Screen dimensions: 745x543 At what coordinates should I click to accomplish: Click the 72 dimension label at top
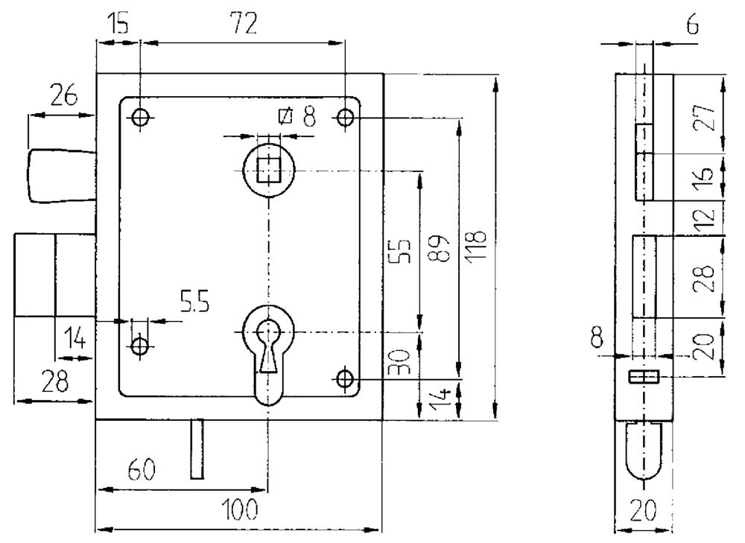click(x=244, y=24)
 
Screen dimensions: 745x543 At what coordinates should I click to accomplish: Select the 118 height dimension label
click(x=475, y=245)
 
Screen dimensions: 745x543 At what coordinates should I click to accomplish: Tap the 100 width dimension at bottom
click(x=240, y=509)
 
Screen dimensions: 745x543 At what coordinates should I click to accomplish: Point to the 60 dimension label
click(x=142, y=470)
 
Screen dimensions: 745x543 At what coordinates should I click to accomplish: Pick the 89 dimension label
click(x=437, y=247)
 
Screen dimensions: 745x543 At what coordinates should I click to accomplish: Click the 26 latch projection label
click(x=63, y=96)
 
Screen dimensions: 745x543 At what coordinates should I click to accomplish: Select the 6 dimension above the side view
click(x=693, y=25)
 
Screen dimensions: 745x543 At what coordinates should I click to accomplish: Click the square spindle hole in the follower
click(x=269, y=170)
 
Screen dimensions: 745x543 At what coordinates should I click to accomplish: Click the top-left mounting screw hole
click(x=140, y=117)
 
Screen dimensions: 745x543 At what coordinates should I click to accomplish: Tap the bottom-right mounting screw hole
click(x=345, y=379)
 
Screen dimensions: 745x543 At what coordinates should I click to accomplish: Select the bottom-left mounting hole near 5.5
click(x=140, y=346)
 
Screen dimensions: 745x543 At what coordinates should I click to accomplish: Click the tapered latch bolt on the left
click(x=63, y=177)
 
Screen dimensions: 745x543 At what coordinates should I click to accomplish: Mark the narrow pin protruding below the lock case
click(x=197, y=449)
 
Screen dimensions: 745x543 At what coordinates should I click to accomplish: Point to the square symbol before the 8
click(x=285, y=116)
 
